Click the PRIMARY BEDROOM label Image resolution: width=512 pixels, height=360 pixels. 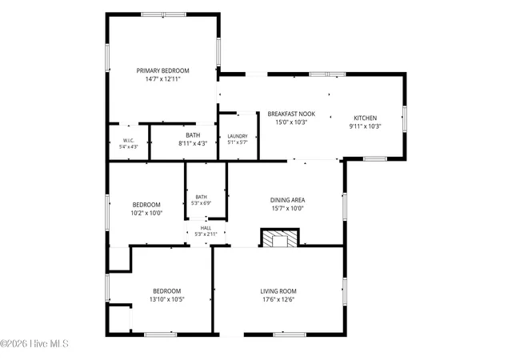(162, 70)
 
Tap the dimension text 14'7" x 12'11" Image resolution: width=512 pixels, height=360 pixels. (162, 79)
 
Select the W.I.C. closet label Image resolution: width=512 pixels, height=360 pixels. (129, 141)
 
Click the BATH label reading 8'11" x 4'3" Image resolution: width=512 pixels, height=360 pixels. (193, 135)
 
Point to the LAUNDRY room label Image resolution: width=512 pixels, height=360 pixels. (238, 136)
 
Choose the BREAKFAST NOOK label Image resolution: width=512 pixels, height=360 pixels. (291, 114)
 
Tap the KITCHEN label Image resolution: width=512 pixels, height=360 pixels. (366, 118)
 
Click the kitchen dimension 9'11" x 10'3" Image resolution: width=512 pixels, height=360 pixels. (365, 126)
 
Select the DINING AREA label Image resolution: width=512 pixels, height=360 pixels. (288, 200)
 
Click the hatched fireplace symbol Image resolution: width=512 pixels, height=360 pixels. (280, 238)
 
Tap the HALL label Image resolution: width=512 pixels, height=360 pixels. (206, 228)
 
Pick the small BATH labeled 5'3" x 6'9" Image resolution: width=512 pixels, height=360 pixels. (201, 197)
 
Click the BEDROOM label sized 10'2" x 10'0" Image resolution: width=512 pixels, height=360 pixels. (146, 205)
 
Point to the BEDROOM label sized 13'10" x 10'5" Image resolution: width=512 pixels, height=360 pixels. (167, 291)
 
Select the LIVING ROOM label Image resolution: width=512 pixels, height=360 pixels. (278, 291)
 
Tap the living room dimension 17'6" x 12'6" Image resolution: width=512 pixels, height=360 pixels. (278, 299)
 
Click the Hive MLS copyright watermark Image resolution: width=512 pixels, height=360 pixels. (34, 344)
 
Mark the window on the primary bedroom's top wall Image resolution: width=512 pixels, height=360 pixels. (163, 14)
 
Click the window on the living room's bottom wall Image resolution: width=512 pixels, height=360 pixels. (290, 334)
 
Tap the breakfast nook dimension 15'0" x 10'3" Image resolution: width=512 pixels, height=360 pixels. (291, 122)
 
